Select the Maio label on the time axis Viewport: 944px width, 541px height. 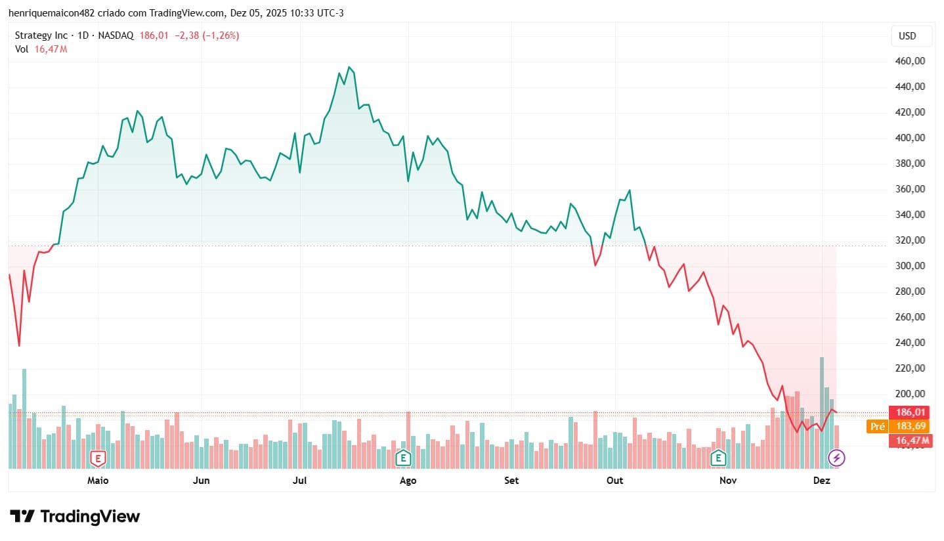[98, 481]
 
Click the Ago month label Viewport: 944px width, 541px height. [408, 481]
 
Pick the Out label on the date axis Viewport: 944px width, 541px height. [614, 481]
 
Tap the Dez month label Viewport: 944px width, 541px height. [822, 481]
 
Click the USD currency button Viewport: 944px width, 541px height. [911, 36]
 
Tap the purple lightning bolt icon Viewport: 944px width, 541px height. [836, 457]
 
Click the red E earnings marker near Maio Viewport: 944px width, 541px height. [98, 457]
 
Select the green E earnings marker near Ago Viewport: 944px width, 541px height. [403, 457]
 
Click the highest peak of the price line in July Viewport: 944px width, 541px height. [350, 67]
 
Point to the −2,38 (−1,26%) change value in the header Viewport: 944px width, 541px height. [204, 35]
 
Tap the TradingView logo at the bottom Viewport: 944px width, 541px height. [75, 517]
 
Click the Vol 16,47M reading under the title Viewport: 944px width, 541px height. [41, 49]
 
